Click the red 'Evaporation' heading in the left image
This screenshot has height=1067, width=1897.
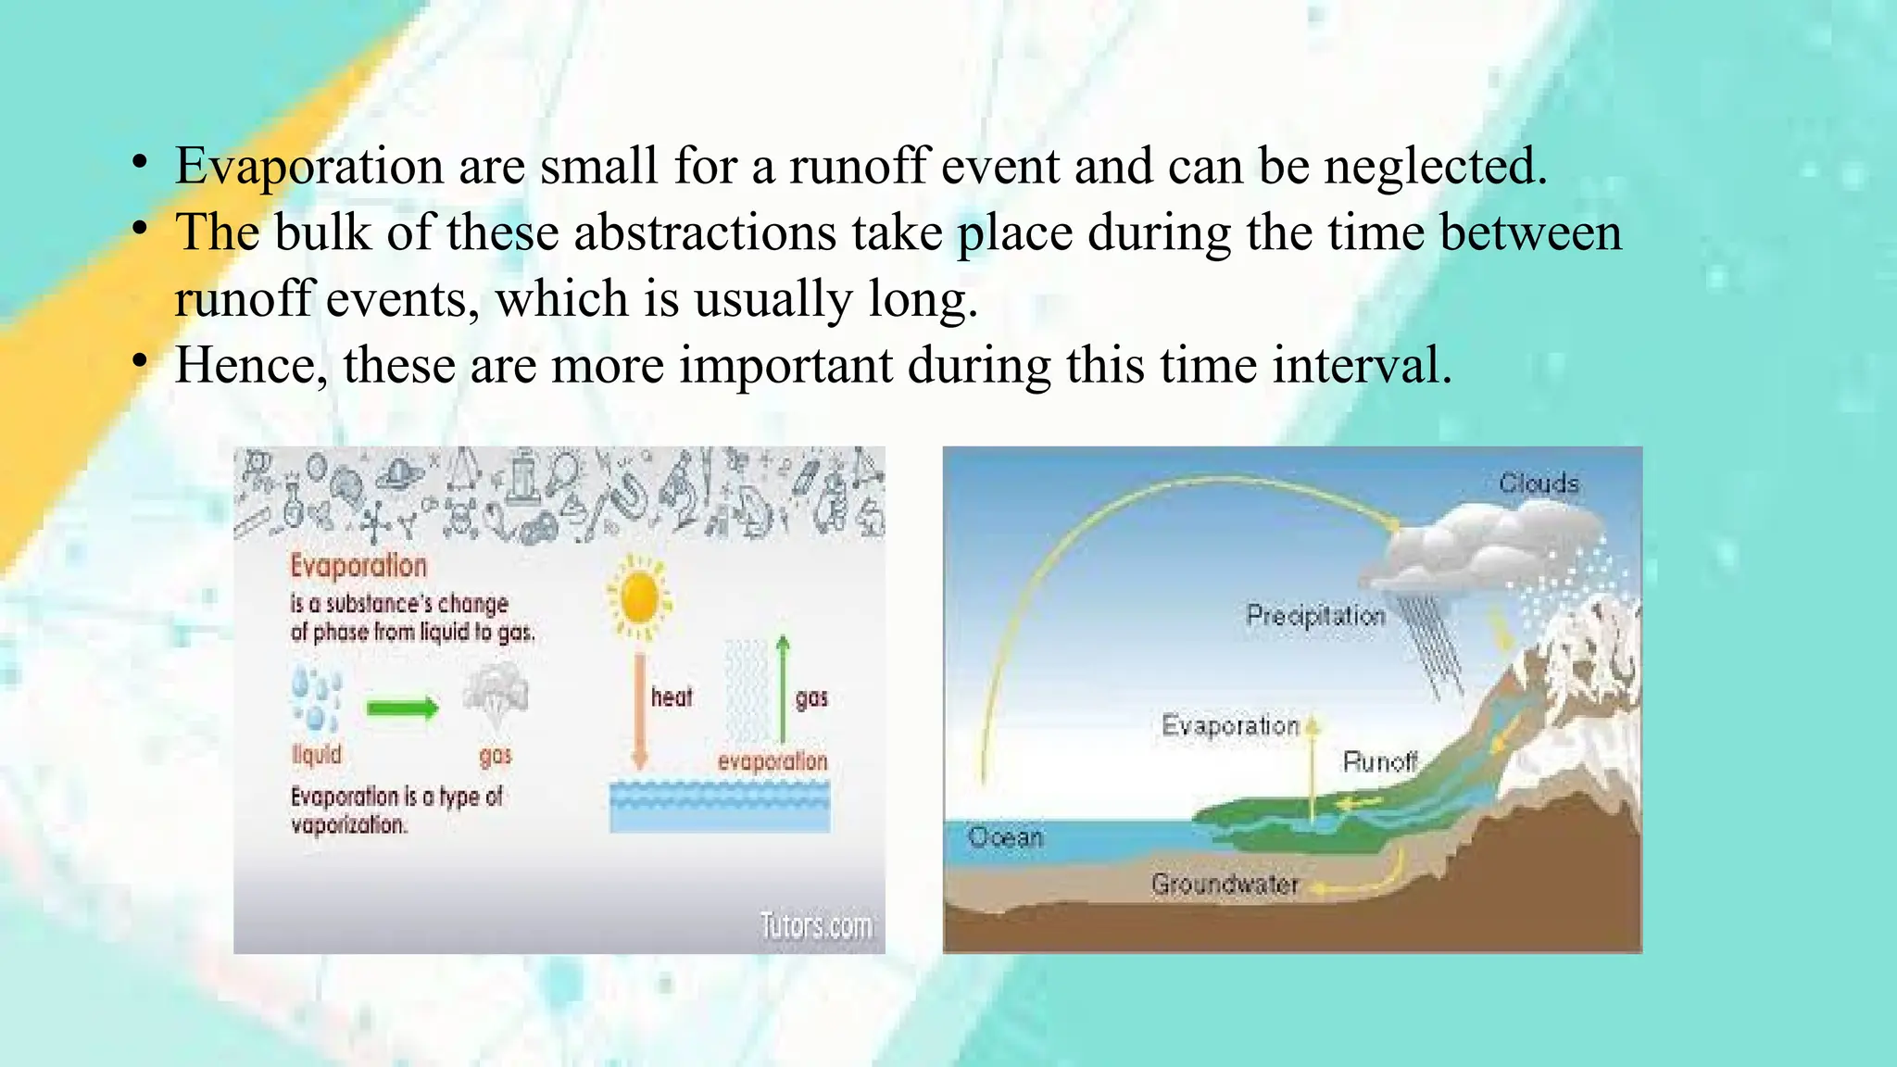pos(358,565)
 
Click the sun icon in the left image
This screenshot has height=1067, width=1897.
pos(638,598)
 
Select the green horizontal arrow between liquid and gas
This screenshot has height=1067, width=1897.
pos(402,709)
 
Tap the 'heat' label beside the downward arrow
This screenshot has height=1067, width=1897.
pos(671,697)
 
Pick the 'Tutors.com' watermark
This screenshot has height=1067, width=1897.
pos(816,924)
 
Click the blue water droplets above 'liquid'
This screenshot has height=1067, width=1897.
pos(316,699)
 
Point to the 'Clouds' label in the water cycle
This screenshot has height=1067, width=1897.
pos(1539,483)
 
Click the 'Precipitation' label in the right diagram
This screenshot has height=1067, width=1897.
pos(1315,616)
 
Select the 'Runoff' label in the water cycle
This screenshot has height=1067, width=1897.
pos(1380,761)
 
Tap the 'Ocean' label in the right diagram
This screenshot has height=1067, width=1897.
pos(1005,837)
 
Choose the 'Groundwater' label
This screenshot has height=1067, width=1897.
pos(1225,885)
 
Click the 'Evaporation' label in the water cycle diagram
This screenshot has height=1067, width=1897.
pos(1230,725)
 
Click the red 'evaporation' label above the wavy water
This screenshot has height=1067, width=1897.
pos(772,761)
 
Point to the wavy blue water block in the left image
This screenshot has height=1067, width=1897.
pos(720,806)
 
